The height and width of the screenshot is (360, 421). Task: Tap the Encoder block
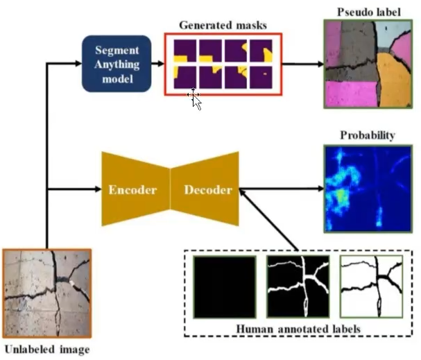[x=132, y=189]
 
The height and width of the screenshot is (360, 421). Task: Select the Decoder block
[x=205, y=189]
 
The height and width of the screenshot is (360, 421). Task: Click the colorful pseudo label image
[x=363, y=64]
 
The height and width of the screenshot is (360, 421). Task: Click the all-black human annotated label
[x=224, y=286]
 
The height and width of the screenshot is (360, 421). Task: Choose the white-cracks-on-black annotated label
[x=298, y=286]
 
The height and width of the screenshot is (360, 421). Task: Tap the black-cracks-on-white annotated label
[x=370, y=286]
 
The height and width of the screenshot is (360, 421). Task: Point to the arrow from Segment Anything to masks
[x=157, y=65]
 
